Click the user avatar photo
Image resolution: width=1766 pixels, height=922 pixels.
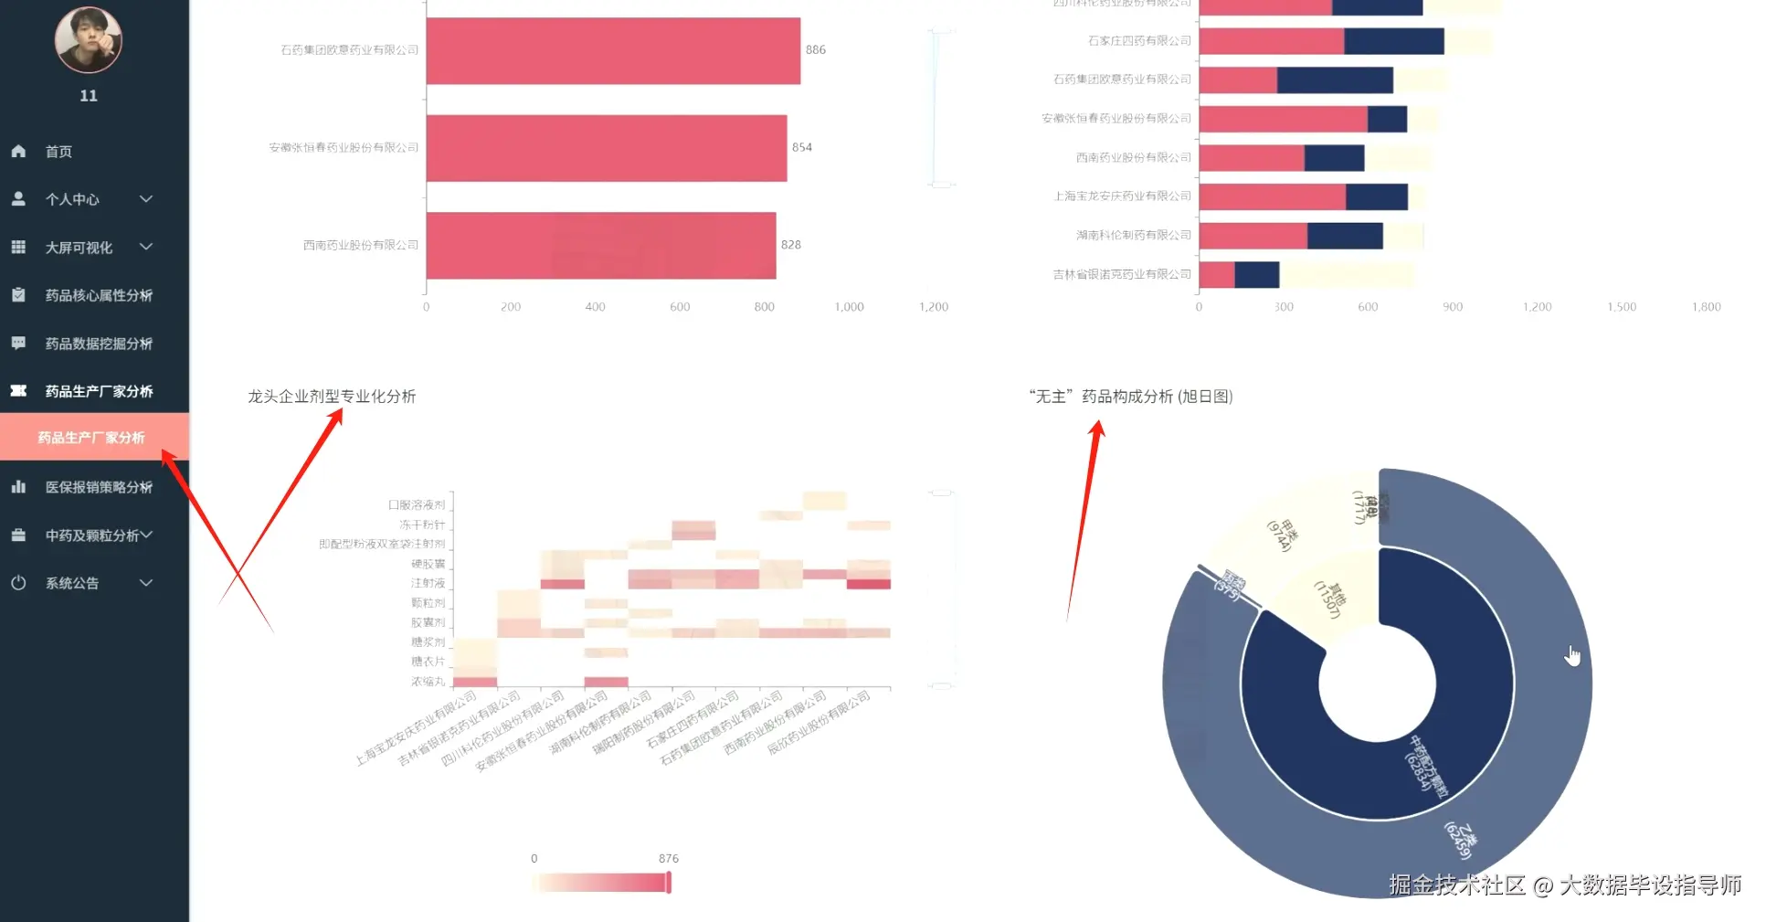click(x=88, y=40)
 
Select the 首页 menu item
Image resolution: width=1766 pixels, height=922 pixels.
click(x=58, y=152)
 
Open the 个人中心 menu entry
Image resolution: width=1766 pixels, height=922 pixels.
click(x=73, y=199)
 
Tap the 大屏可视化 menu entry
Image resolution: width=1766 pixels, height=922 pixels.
click(x=79, y=248)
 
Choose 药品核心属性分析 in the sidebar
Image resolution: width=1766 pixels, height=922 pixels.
click(x=99, y=295)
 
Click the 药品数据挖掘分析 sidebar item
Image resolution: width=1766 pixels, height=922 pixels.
click(x=99, y=344)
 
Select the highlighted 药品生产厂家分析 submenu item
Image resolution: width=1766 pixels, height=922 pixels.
click(x=91, y=438)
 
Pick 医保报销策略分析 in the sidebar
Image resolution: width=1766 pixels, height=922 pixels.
click(x=99, y=487)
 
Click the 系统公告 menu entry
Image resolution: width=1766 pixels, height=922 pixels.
click(x=72, y=583)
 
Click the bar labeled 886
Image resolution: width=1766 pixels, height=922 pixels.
click(x=612, y=51)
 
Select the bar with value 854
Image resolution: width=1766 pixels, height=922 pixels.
click(x=606, y=148)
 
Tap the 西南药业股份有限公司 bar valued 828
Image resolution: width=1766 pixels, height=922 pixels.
click(x=600, y=246)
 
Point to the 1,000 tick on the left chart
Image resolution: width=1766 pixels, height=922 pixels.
click(x=849, y=307)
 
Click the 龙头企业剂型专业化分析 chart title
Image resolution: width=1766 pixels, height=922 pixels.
click(x=332, y=397)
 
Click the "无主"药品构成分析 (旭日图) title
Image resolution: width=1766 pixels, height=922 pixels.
click(x=1131, y=397)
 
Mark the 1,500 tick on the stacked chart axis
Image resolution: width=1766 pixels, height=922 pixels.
click(x=1622, y=307)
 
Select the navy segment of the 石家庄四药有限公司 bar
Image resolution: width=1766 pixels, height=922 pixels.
click(x=1394, y=41)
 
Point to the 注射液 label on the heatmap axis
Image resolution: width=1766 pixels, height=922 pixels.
click(x=428, y=583)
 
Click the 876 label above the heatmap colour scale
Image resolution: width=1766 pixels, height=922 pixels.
click(x=669, y=859)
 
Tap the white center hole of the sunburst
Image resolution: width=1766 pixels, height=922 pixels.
click(x=1377, y=684)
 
